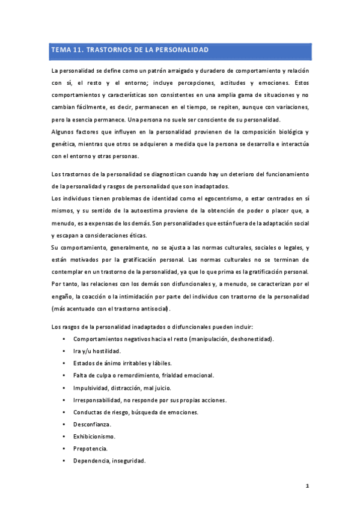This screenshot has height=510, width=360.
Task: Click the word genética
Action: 64,144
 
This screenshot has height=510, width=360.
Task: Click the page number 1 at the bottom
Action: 307,485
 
